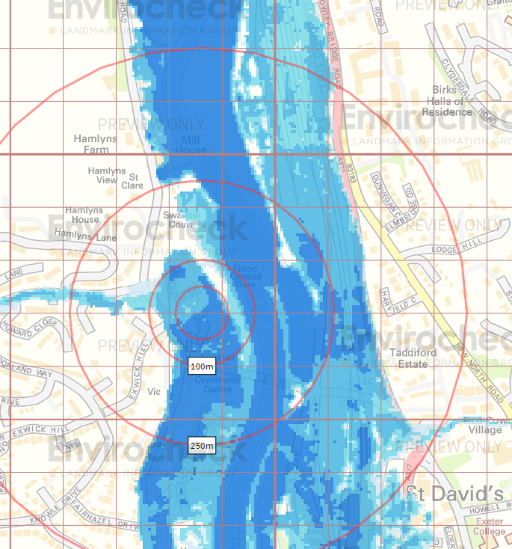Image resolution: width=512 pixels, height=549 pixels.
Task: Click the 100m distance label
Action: point(202,366)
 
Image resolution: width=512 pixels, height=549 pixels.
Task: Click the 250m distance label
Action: point(202,447)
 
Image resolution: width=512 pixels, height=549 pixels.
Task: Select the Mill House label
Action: point(191,145)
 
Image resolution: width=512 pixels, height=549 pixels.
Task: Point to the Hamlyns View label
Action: point(102,176)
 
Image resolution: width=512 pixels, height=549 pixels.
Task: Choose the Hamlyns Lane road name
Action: point(85,236)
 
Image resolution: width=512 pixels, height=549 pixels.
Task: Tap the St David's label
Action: point(454,494)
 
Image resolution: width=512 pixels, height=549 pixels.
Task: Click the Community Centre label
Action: point(218,384)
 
